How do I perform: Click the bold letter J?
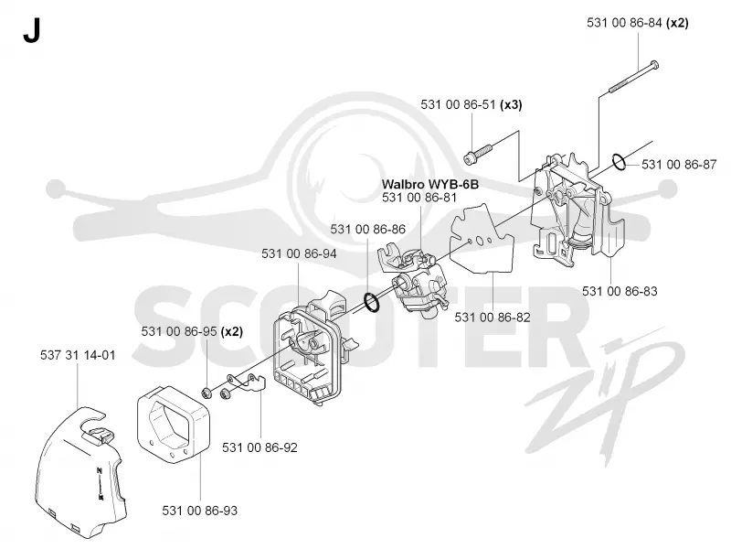[x=31, y=32]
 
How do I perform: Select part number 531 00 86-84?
[x=624, y=23]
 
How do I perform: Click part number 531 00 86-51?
[x=459, y=104]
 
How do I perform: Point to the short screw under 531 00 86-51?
[x=478, y=154]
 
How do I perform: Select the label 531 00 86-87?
[x=679, y=165]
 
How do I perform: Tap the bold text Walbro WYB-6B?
[x=430, y=184]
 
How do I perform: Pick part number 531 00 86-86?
[x=368, y=229]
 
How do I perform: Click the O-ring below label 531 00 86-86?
[x=371, y=303]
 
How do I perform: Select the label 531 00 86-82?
[x=493, y=318]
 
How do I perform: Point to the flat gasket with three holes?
[x=482, y=238]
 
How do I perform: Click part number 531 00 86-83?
[x=620, y=291]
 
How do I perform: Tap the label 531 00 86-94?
[x=299, y=253]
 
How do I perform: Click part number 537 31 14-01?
[x=78, y=355]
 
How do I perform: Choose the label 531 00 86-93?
[x=199, y=511]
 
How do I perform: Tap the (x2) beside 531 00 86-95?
[x=232, y=332]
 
